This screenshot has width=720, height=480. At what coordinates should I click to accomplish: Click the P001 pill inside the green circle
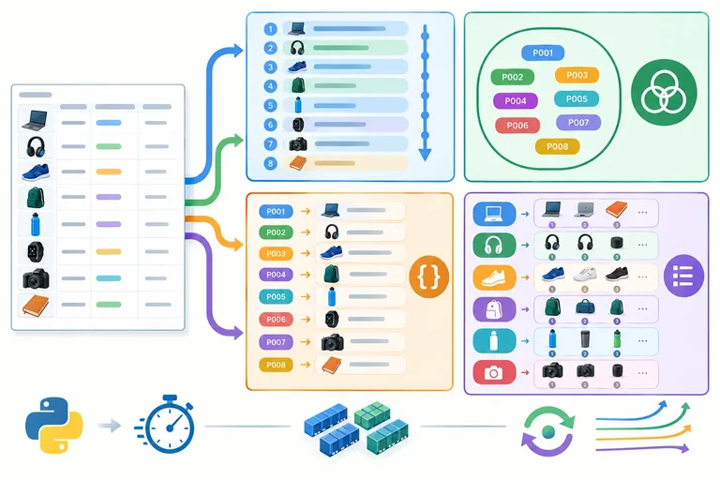click(x=543, y=52)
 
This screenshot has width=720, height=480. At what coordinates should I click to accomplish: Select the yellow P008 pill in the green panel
click(x=558, y=146)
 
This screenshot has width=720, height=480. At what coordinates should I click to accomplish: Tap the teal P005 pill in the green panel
click(x=577, y=98)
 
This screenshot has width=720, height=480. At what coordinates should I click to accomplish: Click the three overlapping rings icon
click(x=664, y=92)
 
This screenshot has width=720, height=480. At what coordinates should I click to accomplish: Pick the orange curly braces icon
click(x=428, y=277)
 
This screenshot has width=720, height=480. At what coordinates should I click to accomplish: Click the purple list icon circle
click(x=683, y=276)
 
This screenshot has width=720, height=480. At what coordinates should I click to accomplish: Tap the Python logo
click(x=54, y=426)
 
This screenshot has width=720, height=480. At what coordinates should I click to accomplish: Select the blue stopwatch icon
click(x=165, y=424)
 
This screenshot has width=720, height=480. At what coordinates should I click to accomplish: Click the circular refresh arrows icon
click(x=548, y=431)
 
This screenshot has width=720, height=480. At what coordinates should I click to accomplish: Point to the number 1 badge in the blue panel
click(x=270, y=29)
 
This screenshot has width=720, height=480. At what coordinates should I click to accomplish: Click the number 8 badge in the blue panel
click(x=270, y=163)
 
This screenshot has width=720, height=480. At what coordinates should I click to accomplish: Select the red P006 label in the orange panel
click(x=276, y=320)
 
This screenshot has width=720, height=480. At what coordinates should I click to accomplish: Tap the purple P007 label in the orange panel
click(x=276, y=342)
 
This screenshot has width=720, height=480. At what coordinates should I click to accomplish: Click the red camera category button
click(x=494, y=372)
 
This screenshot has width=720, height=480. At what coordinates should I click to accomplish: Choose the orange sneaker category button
click(x=494, y=277)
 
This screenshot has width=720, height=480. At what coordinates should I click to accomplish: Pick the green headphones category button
click(x=494, y=246)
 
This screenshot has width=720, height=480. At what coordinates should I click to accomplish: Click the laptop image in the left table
click(x=35, y=120)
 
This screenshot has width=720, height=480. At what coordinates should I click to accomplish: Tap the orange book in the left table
click(x=36, y=306)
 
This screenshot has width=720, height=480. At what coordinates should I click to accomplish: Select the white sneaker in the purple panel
click(x=585, y=275)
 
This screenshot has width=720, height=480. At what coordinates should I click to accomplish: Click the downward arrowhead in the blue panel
click(x=426, y=155)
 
